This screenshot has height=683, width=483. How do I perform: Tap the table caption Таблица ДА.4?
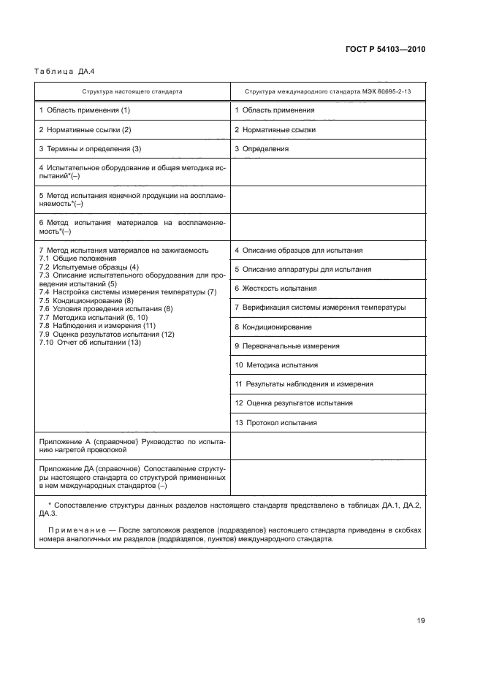point(60,72)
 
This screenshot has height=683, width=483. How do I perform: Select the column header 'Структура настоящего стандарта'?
point(132,92)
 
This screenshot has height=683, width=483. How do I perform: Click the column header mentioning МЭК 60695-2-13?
point(327,92)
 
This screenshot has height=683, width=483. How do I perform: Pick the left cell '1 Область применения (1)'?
point(84,110)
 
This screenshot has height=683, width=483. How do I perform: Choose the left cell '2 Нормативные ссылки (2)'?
point(85,129)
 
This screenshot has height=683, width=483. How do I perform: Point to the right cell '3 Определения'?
point(262,149)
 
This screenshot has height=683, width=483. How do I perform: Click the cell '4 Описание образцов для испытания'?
point(298,251)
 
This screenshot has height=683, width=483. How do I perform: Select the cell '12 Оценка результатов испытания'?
point(294,403)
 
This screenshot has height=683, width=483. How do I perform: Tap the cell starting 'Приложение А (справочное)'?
point(132,446)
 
